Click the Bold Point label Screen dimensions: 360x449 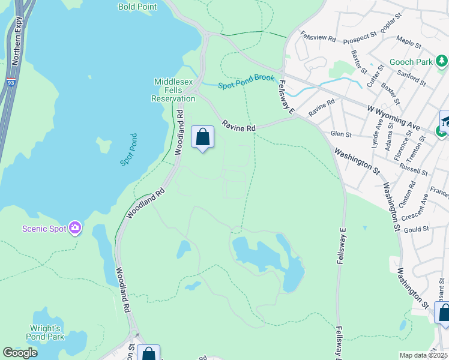137,7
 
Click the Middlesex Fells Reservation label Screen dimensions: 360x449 175,90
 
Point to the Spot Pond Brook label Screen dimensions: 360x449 246,82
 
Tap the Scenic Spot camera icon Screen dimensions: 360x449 75,228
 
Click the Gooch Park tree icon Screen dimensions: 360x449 442,61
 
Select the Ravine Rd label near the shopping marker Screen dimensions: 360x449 239,126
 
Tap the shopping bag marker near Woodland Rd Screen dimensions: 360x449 203,137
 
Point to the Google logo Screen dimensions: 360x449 20,353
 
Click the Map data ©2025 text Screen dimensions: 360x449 423,355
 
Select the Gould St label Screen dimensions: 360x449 417,229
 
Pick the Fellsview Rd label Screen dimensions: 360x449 318,38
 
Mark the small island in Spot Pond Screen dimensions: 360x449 104,145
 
